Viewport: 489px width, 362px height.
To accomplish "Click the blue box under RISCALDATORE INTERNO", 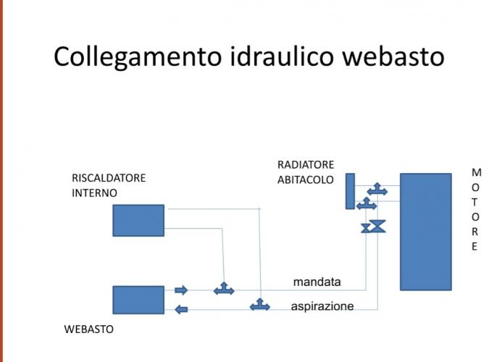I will pyautogui.click(x=138, y=220).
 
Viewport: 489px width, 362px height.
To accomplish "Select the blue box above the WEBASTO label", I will pyautogui.click(x=138, y=299).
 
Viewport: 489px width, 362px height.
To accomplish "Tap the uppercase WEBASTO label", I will pyautogui.click(x=89, y=329).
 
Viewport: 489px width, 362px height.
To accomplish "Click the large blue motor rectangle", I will pyautogui.click(x=425, y=231).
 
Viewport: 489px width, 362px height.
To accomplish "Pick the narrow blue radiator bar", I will pyautogui.click(x=350, y=191).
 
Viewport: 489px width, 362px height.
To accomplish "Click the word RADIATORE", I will pyautogui.click(x=306, y=164).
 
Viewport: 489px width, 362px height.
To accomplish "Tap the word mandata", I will pyautogui.click(x=317, y=281).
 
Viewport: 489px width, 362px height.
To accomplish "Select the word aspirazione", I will pyautogui.click(x=322, y=306).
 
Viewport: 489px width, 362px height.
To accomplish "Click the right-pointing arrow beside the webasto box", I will pyautogui.click(x=181, y=290).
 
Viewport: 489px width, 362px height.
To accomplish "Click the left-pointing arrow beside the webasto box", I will pyautogui.click(x=182, y=310).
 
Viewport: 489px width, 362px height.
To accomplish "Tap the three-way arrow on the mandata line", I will pyautogui.click(x=224, y=289).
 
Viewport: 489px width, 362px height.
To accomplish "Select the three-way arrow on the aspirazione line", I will pyautogui.click(x=259, y=305).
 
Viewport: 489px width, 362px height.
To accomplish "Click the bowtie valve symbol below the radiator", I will pyautogui.click(x=374, y=227).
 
